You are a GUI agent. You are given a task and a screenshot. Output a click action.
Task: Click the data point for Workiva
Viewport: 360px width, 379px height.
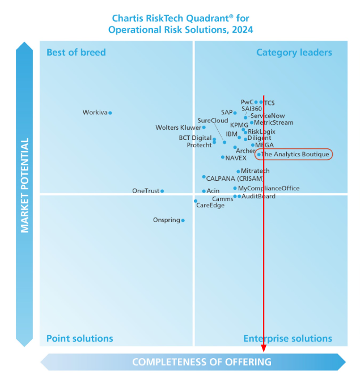coord(110,113)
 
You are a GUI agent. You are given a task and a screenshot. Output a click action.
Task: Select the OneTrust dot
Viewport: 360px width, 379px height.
coord(162,191)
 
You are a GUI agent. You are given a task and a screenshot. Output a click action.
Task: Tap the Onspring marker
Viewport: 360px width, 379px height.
coord(183,220)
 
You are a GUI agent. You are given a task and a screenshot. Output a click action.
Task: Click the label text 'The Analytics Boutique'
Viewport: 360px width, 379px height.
coord(295,154)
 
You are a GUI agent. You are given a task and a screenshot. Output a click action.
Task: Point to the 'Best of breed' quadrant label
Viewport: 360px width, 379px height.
coord(76,53)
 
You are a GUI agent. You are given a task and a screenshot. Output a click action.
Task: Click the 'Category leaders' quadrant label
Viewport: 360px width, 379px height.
coord(294,53)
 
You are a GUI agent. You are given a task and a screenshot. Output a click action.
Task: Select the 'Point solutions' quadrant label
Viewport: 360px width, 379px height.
coord(79,339)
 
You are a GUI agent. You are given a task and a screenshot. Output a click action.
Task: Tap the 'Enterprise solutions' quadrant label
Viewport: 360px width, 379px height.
coord(287,339)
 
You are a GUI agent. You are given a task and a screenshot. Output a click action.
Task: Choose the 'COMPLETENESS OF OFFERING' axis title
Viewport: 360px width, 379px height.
coord(202,362)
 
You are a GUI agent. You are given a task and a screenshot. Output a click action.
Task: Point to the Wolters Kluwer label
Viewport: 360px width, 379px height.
coord(178,128)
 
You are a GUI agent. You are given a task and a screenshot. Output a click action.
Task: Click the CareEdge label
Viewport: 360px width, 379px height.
coord(210,205)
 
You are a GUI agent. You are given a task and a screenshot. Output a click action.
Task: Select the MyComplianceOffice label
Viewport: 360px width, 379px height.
coord(269,188)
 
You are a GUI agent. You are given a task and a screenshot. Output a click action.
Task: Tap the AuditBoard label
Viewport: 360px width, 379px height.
coord(259,196)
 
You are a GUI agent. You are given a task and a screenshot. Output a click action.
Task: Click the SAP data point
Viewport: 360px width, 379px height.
coord(235,113)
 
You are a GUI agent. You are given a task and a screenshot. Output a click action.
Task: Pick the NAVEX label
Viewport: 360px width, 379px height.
coord(236,158)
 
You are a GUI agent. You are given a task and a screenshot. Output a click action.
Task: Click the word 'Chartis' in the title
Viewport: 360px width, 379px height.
coord(128,19)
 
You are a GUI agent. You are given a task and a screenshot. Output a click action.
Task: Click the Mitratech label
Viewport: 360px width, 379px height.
coord(255,171)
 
